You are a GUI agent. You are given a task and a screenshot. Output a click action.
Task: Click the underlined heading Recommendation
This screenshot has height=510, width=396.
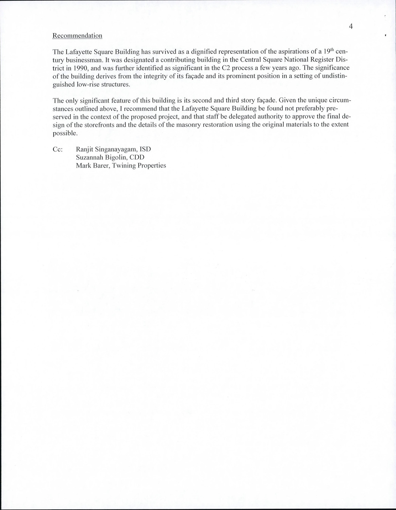click(77, 36)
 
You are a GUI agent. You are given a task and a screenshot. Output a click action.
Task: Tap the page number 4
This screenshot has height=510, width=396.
click(351, 26)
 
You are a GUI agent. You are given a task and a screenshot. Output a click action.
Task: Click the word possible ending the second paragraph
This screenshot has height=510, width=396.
click(65, 133)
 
